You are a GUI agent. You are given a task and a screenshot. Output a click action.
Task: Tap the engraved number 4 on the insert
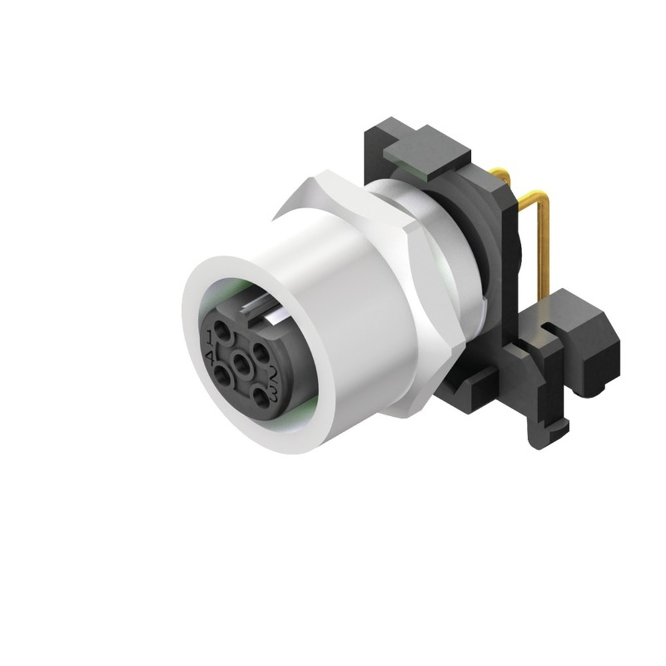tap(210, 358)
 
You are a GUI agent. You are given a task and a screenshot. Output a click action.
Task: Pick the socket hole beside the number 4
tap(225, 378)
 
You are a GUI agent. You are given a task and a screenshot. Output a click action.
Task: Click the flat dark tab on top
tap(426, 153)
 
